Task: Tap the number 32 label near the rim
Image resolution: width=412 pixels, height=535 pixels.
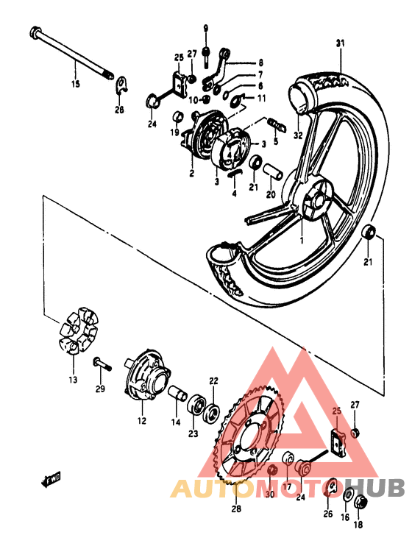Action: (x=297, y=135)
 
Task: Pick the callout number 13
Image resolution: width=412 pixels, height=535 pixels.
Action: (x=73, y=380)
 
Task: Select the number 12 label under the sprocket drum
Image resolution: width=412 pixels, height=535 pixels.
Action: (x=141, y=422)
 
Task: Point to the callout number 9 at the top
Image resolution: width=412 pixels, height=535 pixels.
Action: (x=206, y=28)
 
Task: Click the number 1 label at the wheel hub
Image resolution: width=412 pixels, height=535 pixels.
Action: (x=300, y=240)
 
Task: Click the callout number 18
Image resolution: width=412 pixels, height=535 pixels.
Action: (x=358, y=525)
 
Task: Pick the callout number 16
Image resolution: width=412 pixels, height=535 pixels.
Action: (x=346, y=518)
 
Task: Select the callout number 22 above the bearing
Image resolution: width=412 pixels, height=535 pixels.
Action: (x=213, y=380)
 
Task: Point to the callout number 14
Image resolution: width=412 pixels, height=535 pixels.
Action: (x=175, y=422)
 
